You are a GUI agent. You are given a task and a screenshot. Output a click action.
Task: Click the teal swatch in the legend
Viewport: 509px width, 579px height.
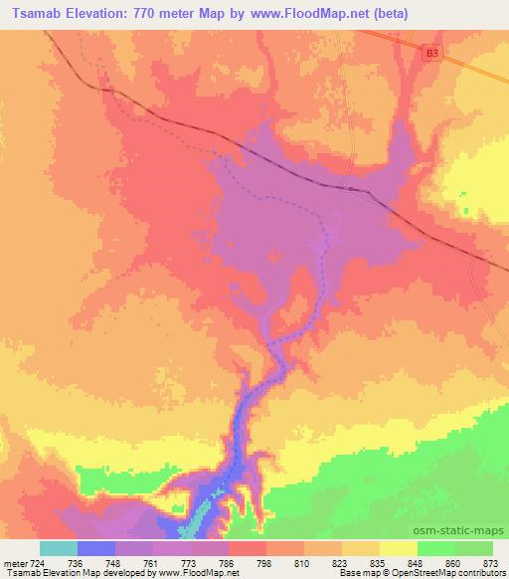pyautogui.click(x=58, y=548)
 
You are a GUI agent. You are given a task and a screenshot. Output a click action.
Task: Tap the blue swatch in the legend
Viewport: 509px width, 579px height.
pyautogui.click(x=96, y=548)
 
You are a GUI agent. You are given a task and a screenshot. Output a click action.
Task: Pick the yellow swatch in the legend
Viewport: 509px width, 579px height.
pyautogui.click(x=399, y=548)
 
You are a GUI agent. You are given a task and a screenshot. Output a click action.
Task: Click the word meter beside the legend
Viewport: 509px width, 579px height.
pyautogui.click(x=17, y=561)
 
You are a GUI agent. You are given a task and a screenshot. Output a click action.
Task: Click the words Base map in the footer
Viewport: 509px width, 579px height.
pyautogui.click(x=338, y=573)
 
